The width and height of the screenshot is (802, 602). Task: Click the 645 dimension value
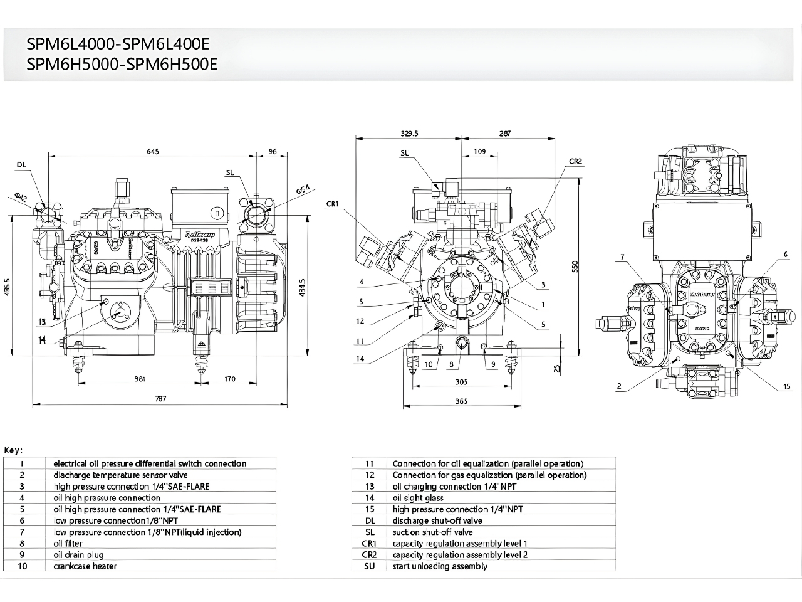(x=153, y=151)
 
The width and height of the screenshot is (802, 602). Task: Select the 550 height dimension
(x=575, y=266)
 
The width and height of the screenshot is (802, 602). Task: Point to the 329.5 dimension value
(x=409, y=134)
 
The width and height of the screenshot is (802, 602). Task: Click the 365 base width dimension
(x=461, y=401)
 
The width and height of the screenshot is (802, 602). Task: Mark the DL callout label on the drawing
(x=22, y=164)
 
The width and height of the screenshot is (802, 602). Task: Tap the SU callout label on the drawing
(x=405, y=153)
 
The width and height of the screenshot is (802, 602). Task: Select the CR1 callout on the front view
(x=333, y=204)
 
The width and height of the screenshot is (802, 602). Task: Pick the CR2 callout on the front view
(x=576, y=161)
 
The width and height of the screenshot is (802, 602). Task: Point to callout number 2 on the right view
(x=619, y=386)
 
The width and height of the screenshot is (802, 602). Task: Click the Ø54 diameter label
(x=302, y=191)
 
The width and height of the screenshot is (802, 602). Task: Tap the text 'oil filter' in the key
(x=68, y=544)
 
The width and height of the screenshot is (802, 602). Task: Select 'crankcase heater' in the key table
(x=85, y=566)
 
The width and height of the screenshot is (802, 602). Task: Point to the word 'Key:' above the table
(x=14, y=450)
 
